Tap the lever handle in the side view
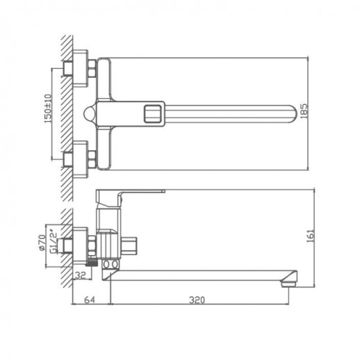(x=132, y=193)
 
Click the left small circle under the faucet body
(x=106, y=265)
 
